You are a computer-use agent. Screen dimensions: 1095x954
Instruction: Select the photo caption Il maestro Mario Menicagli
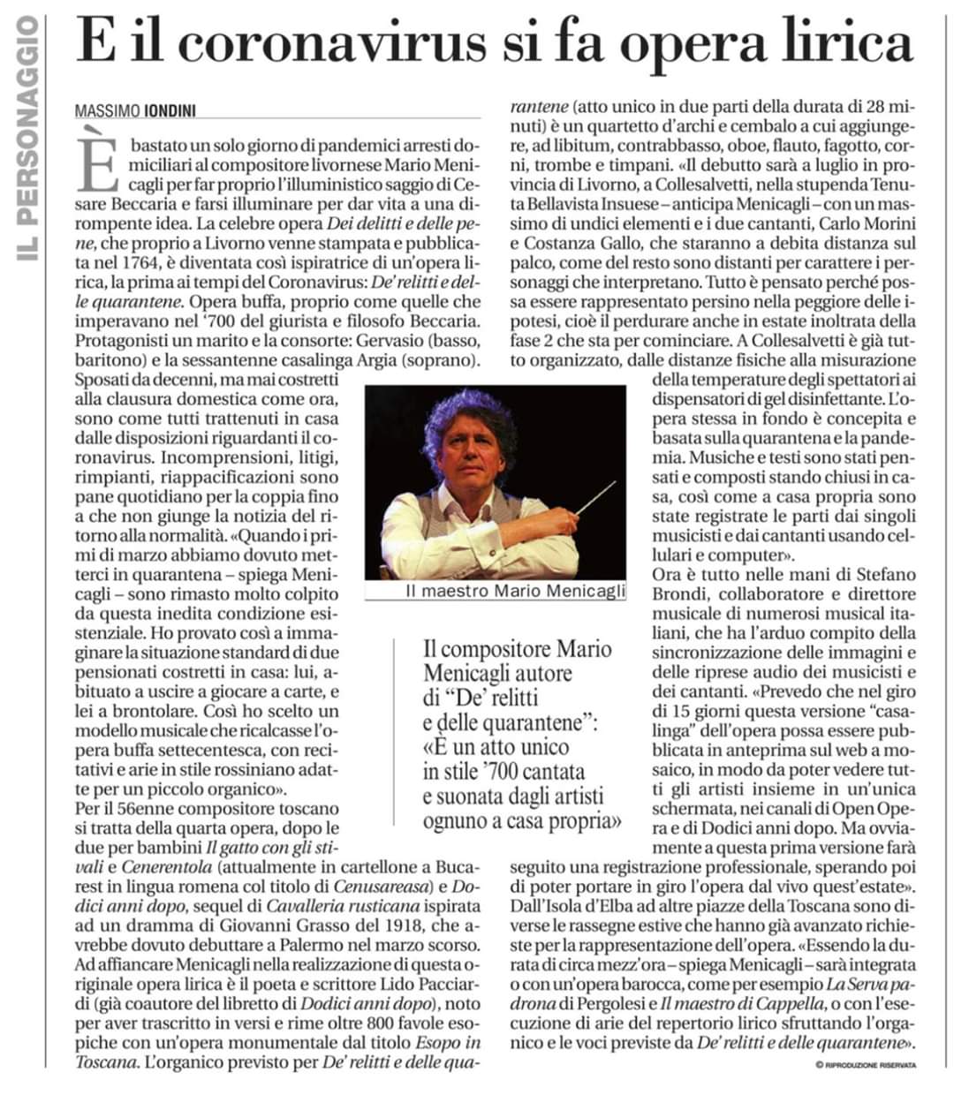click(x=514, y=591)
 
